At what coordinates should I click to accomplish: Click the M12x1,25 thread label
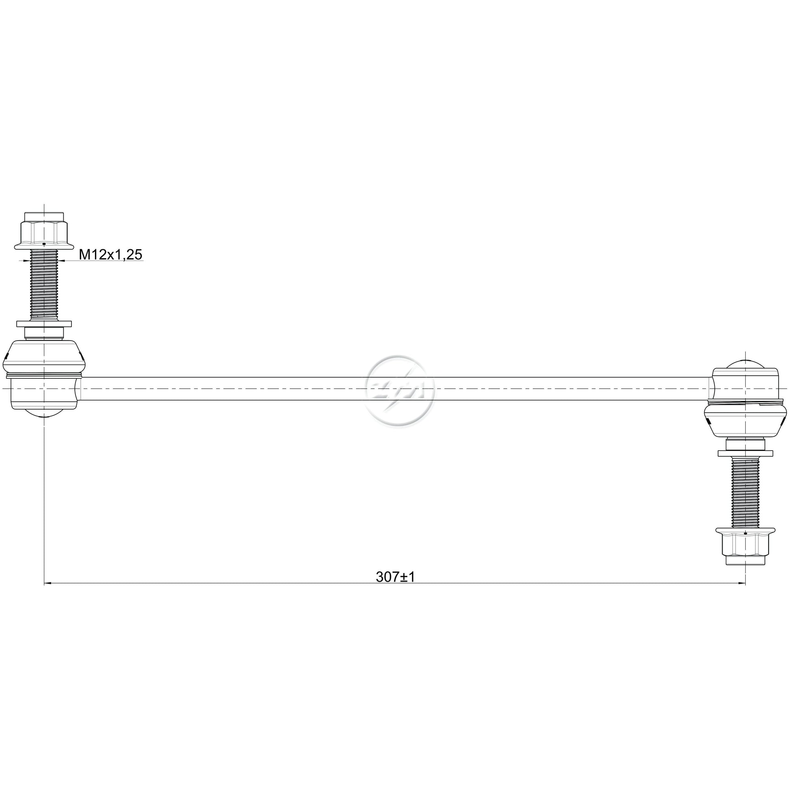(110, 255)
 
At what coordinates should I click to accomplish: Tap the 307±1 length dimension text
(395, 577)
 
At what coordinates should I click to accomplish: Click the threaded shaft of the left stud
(44, 285)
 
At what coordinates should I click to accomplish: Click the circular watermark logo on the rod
(399, 389)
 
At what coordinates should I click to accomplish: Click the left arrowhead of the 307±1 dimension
(47, 584)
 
